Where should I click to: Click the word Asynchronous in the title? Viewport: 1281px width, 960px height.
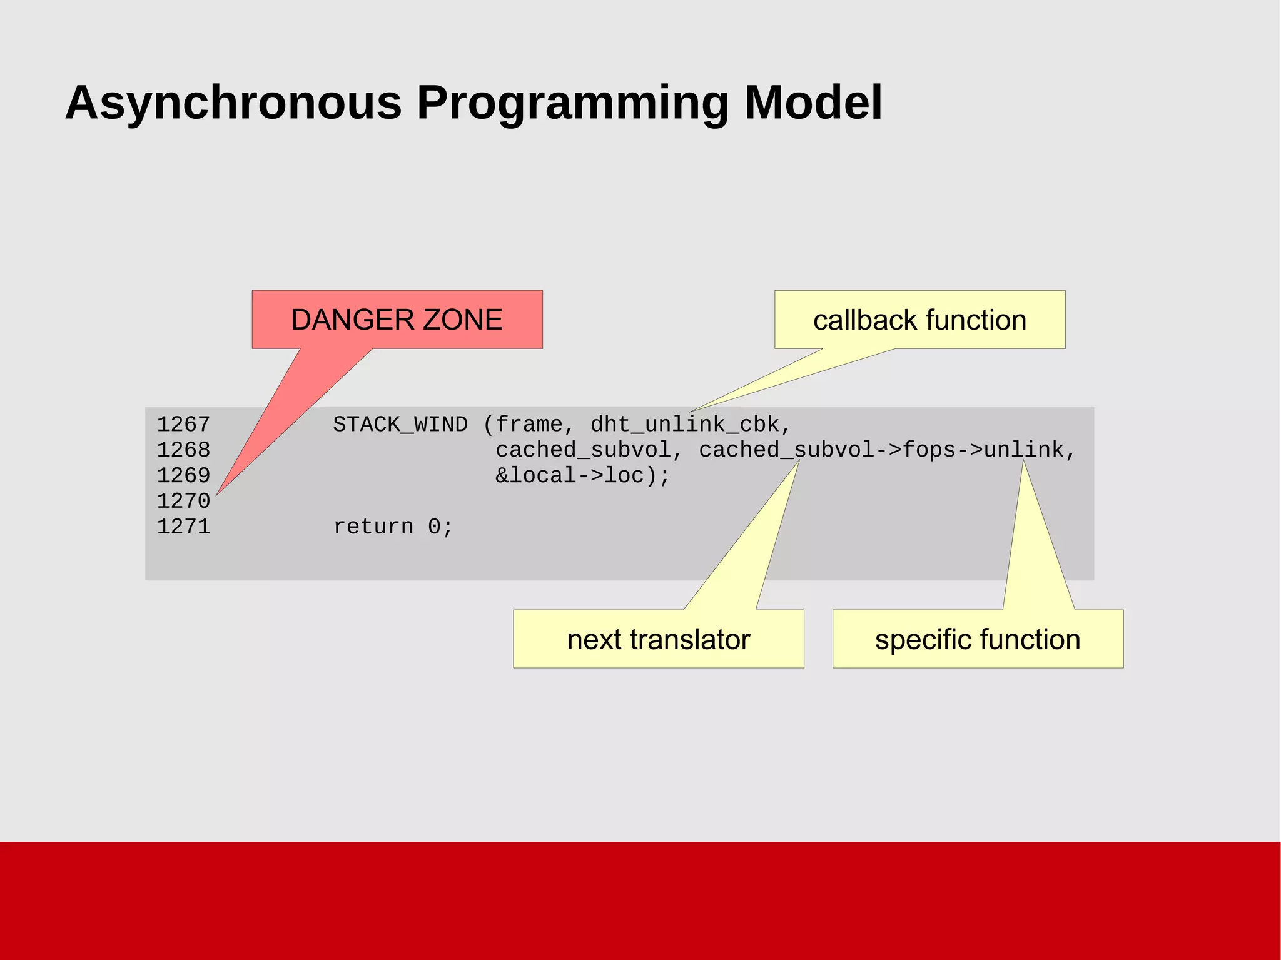(x=233, y=103)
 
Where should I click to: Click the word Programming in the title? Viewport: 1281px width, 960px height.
(x=572, y=103)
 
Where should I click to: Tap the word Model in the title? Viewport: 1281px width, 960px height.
(x=813, y=103)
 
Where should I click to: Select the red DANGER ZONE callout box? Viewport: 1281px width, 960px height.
(x=397, y=320)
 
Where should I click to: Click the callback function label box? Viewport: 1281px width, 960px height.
(x=919, y=320)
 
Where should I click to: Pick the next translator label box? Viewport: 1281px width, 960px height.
(x=658, y=639)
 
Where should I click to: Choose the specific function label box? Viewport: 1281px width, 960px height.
(x=978, y=639)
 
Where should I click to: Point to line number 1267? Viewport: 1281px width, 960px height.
(x=183, y=425)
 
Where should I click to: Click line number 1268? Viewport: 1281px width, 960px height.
(x=183, y=450)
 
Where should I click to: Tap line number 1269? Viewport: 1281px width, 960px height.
(x=183, y=476)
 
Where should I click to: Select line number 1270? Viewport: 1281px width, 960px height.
(x=183, y=502)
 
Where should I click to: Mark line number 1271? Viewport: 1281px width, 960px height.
(x=183, y=527)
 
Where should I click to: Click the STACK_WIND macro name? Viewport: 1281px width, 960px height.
(x=400, y=425)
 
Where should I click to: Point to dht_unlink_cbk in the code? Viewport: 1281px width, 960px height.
(x=685, y=425)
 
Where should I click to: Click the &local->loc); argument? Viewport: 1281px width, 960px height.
(x=582, y=476)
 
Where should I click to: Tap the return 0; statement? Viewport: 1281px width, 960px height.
(x=393, y=527)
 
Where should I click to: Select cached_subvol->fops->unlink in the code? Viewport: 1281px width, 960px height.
(x=881, y=450)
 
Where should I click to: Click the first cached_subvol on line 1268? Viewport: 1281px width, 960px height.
(x=582, y=450)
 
